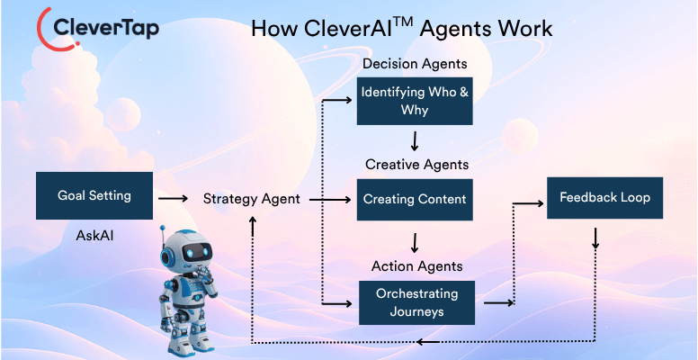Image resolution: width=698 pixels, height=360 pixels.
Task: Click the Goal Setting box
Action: [x=94, y=195]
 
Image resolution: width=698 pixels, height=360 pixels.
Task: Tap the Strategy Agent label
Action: [x=251, y=199]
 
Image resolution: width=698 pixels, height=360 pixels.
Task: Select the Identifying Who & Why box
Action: [x=415, y=102]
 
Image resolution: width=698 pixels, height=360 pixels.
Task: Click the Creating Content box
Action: [x=415, y=199]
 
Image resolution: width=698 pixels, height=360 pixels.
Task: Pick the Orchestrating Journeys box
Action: [x=416, y=302]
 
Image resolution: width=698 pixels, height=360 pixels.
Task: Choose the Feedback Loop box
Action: [x=604, y=197]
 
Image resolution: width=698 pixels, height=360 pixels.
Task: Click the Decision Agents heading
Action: [x=415, y=65]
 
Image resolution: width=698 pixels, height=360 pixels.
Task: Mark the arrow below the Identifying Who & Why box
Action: [x=415, y=141]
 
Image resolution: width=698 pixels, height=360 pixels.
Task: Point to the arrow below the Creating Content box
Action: [x=415, y=242]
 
